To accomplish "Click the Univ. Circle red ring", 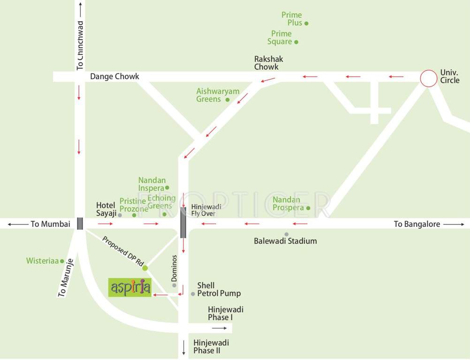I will [x=428, y=78].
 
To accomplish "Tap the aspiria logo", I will [x=130, y=287].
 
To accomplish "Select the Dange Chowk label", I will [x=114, y=76].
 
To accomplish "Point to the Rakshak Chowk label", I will [x=269, y=63].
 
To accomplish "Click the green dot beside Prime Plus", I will [x=306, y=23].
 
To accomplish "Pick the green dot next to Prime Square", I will [x=296, y=42].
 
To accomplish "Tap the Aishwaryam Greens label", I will [x=218, y=95].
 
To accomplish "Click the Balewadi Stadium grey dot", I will [x=286, y=234].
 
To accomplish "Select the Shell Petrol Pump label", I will [x=219, y=289].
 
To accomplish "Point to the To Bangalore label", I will [x=417, y=224].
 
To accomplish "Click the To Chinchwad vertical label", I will [x=80, y=45].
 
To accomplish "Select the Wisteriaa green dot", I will [x=62, y=261].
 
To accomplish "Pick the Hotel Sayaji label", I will [x=106, y=210].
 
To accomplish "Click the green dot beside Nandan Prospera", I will [x=308, y=208].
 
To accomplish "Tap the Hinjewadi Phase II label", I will [x=211, y=346].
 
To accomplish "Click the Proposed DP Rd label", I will [x=122, y=251].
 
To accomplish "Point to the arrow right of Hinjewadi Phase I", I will [x=219, y=328].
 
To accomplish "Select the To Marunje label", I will [x=66, y=277].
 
